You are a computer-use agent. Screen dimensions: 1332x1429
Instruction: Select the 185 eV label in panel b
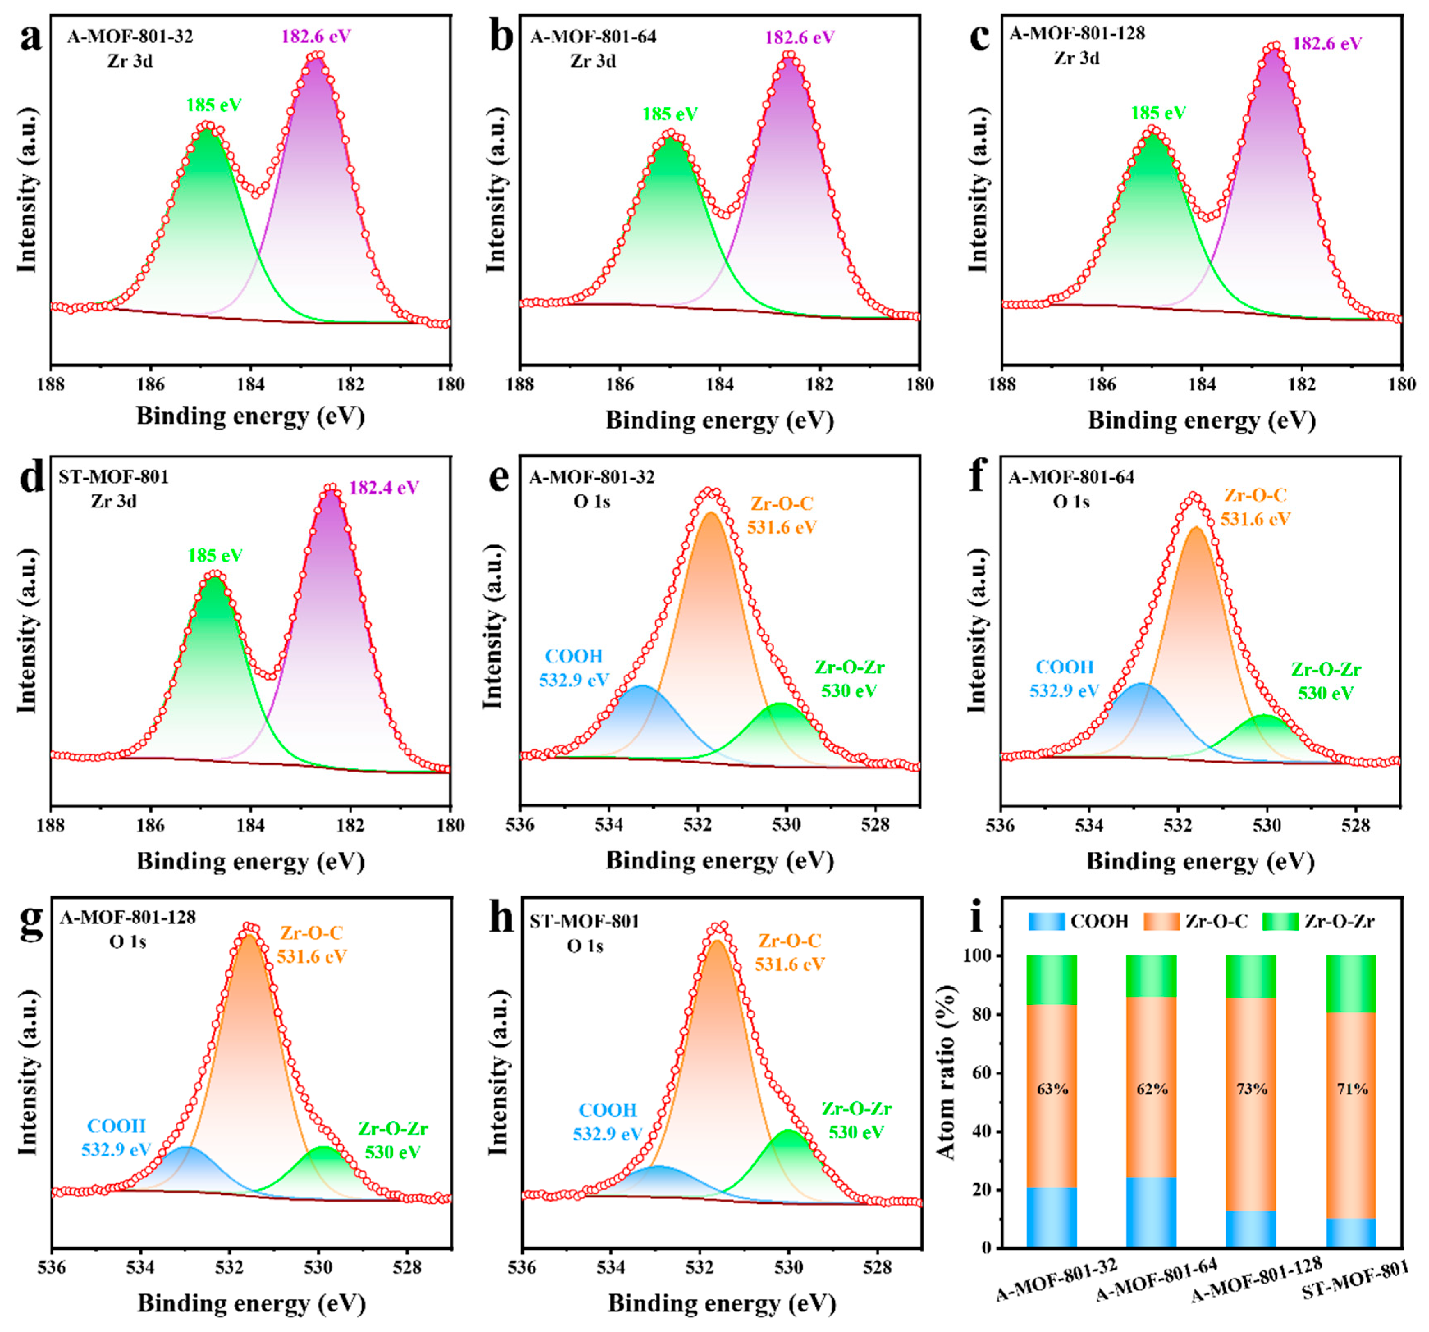670,114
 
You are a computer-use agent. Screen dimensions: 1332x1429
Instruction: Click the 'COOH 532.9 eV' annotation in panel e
574,668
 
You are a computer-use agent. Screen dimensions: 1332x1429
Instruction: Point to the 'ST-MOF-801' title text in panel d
114,477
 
